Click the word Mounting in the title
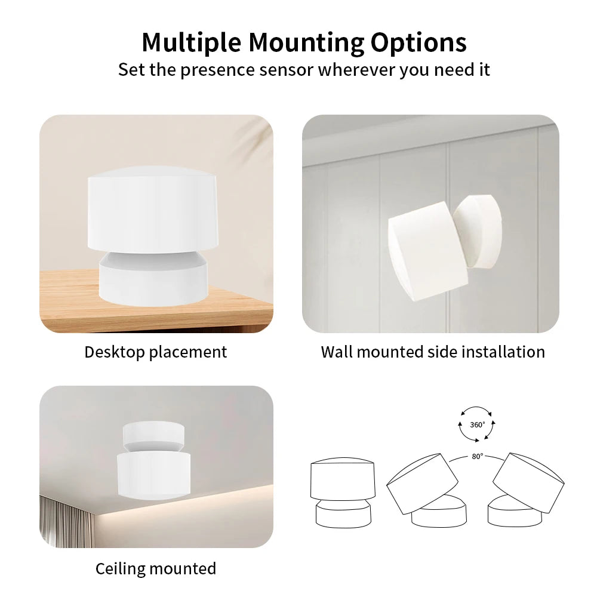305,43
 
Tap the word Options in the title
418,43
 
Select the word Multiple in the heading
191,43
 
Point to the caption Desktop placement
155,352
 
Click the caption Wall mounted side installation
433,352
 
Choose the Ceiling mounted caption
156,568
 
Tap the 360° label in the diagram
477,424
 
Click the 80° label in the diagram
477,457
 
